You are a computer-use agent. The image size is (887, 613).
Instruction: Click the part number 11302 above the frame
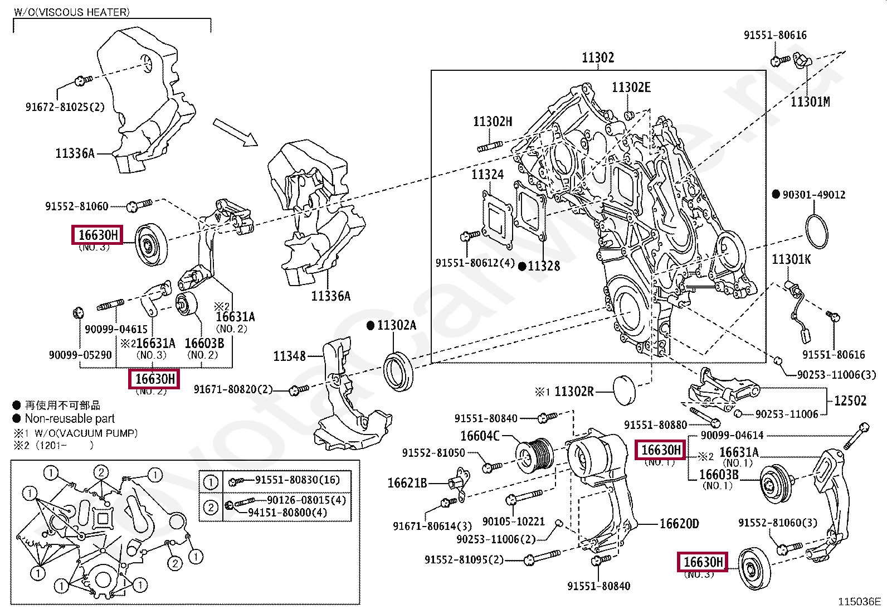[598, 57]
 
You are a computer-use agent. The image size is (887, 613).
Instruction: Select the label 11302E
[631, 88]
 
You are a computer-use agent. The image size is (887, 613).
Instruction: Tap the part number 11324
[488, 175]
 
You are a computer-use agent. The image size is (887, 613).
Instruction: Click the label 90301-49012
[813, 195]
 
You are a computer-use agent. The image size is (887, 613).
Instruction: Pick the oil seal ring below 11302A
[398, 371]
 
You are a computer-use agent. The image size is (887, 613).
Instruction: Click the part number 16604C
[480, 436]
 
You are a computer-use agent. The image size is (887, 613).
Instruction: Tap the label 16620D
[679, 524]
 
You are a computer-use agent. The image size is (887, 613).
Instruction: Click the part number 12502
[850, 400]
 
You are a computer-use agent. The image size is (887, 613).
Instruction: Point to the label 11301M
[810, 102]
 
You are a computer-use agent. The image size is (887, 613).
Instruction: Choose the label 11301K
[791, 259]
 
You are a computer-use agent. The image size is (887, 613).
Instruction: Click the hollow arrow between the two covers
[235, 132]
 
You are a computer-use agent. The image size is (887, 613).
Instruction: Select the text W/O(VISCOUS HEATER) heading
[72, 12]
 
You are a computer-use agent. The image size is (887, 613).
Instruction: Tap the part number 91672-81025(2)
[65, 107]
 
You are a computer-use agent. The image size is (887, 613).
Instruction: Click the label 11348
[290, 356]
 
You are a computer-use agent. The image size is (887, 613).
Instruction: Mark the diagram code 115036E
[859, 602]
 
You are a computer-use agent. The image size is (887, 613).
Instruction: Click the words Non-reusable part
[70, 419]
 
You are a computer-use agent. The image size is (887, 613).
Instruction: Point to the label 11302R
[574, 392]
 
